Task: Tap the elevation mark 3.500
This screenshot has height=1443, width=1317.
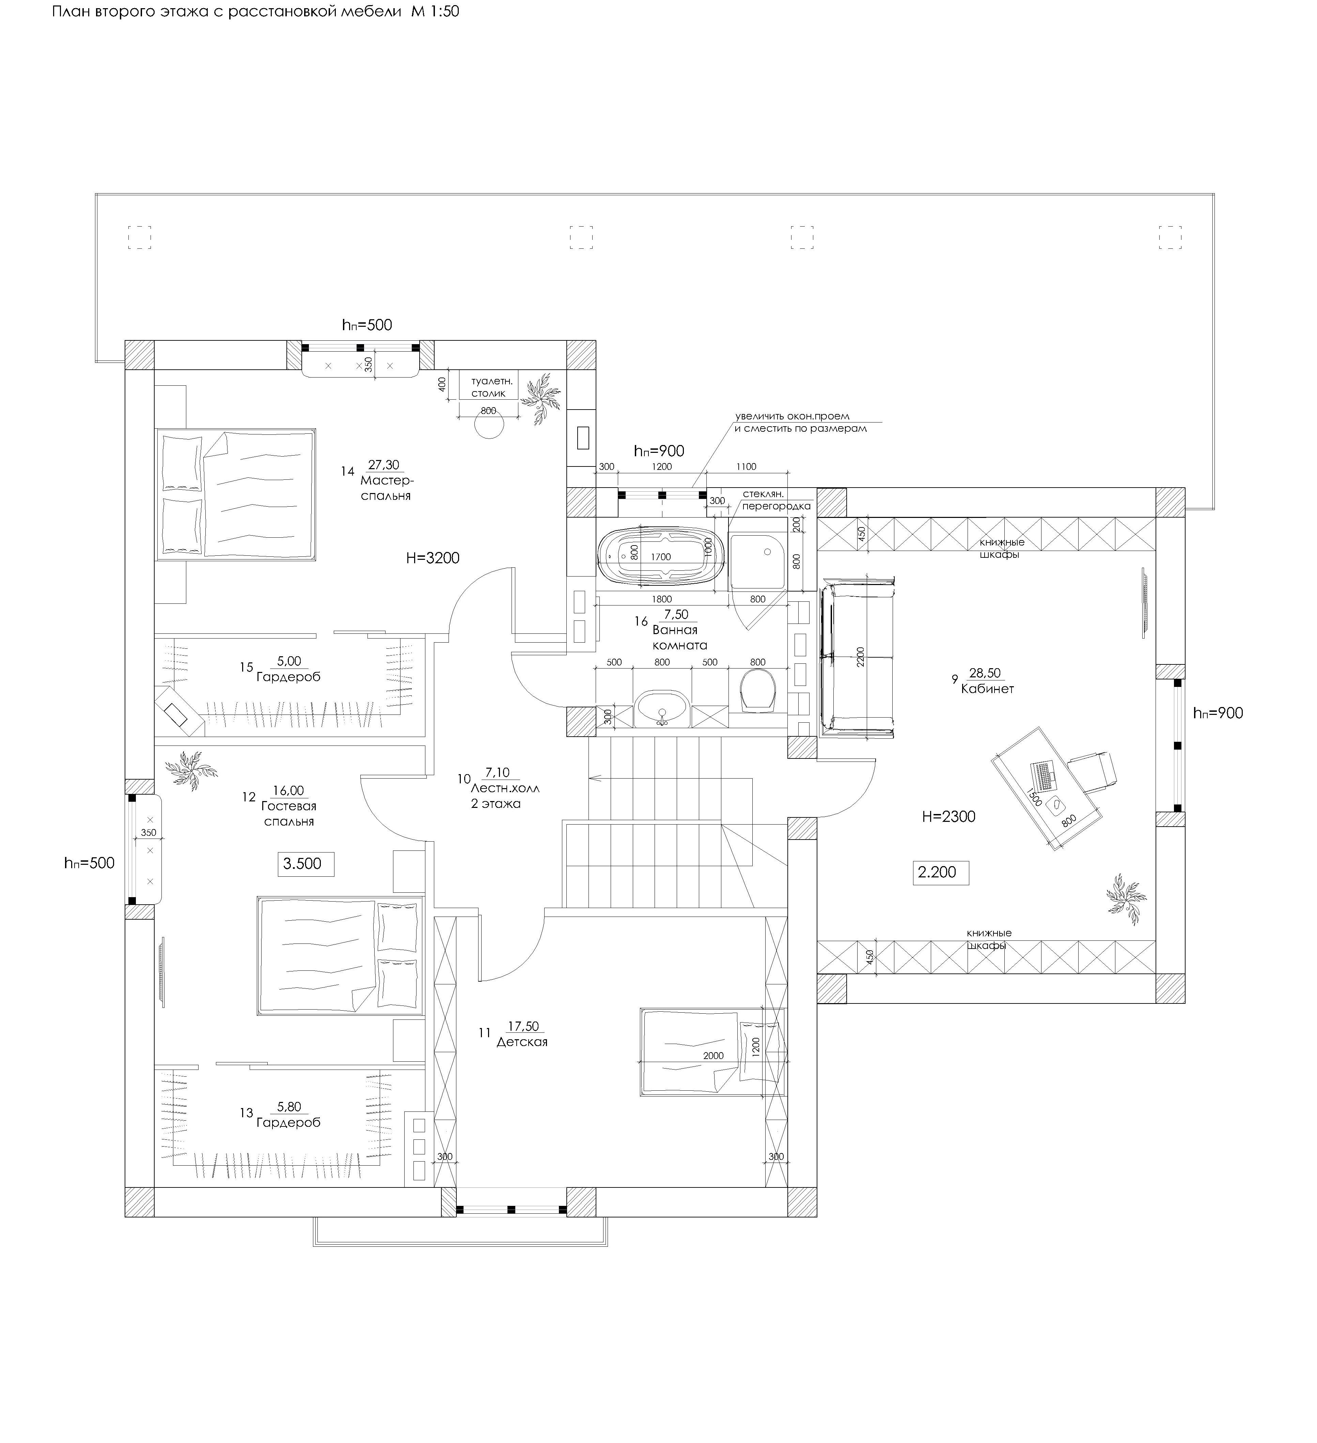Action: [303, 864]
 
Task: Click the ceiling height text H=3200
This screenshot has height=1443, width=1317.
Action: [433, 557]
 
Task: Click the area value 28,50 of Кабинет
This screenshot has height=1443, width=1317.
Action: [985, 673]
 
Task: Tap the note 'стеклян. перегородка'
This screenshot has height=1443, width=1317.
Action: [776, 500]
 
